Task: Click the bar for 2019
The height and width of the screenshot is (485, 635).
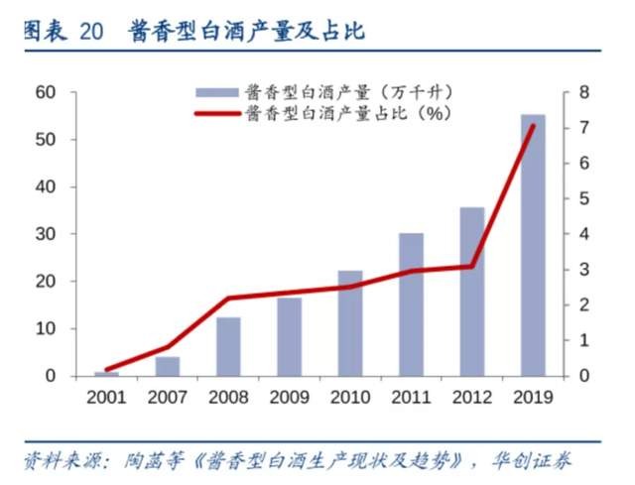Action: [x=533, y=245]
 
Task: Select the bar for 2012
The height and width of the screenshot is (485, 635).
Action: [x=472, y=292]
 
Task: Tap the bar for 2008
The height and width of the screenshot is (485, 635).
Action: [x=228, y=347]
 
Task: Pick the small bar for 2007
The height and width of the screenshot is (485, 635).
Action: [x=168, y=366]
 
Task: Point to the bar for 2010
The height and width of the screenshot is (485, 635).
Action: [x=350, y=323]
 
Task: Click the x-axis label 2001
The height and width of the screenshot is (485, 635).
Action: [x=106, y=397]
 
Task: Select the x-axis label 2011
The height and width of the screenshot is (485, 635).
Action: [x=411, y=397]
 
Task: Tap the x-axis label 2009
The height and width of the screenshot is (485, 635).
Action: [x=289, y=397]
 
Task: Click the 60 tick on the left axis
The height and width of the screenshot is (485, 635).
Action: [x=46, y=92]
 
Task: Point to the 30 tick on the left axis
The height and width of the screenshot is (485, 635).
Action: [x=46, y=234]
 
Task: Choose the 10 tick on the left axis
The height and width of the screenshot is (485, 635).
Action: [x=46, y=328]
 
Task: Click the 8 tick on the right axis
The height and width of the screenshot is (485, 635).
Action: [x=584, y=92]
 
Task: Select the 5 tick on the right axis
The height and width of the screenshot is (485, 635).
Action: [x=584, y=198]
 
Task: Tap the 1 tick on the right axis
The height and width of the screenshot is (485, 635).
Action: [x=584, y=340]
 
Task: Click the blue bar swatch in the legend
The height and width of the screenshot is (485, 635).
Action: [x=217, y=92]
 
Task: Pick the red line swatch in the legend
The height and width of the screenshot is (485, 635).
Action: [x=217, y=114]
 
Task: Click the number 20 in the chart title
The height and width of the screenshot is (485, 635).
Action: [x=91, y=32]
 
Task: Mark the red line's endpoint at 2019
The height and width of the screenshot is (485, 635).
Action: [x=534, y=126]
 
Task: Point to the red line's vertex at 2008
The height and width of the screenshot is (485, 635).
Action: [x=228, y=299]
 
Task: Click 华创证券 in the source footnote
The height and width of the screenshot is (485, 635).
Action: [x=531, y=461]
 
